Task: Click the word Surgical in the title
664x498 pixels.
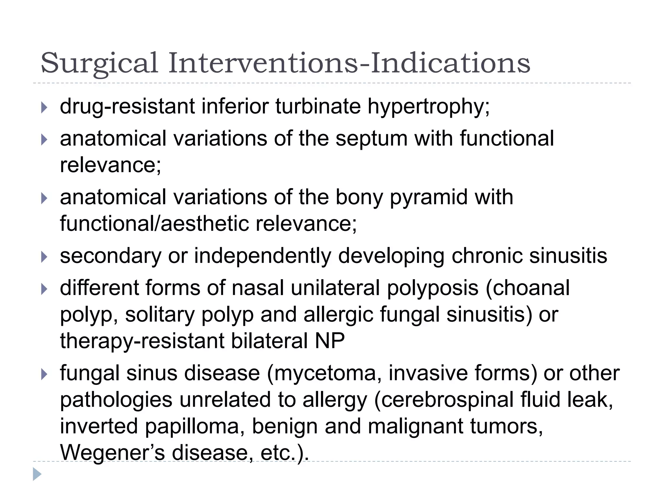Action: coord(99,63)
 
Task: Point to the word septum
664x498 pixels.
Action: coord(371,139)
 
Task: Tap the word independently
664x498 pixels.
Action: coord(263,256)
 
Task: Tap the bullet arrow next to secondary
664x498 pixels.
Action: coord(44,257)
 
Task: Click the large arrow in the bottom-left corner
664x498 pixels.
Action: coord(37,474)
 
